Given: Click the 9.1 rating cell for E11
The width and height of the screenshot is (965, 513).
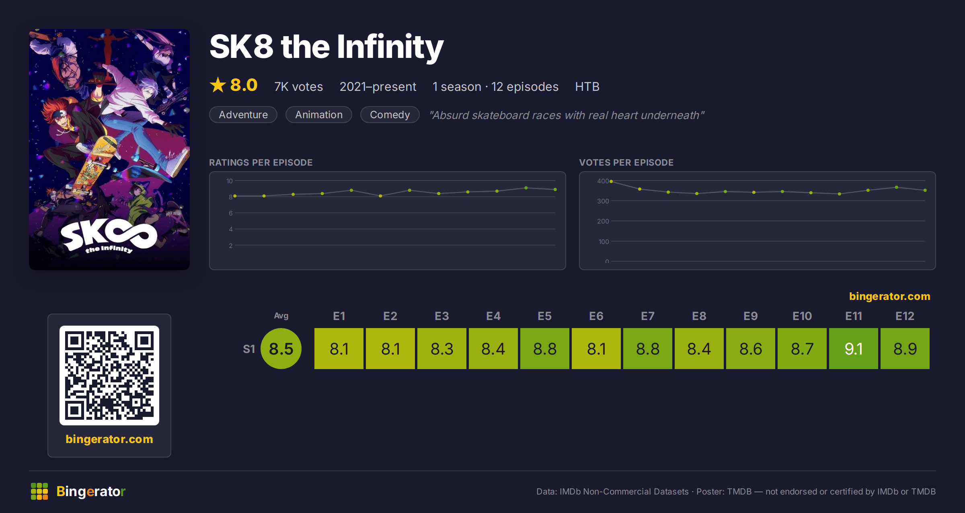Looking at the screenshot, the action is coord(853,349).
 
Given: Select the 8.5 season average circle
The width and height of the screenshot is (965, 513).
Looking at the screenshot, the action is coord(281,349).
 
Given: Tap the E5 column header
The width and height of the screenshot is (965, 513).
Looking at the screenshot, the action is coord(545,316).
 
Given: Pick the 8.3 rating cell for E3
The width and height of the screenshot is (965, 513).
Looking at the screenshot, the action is coord(442,349).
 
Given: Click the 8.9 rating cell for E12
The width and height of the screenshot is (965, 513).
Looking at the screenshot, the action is coord(905,349).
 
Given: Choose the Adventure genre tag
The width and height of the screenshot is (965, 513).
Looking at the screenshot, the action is coord(243,115).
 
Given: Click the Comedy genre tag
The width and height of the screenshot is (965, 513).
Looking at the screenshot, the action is coord(390,115).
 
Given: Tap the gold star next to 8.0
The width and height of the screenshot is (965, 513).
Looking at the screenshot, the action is coord(218,85).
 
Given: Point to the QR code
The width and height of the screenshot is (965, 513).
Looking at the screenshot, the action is coord(109,376).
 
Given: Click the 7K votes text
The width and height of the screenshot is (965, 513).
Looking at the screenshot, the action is coord(299,86).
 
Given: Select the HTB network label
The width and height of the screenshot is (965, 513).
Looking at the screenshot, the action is coord(587,86).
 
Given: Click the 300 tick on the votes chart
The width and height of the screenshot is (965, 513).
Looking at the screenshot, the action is coord(603,201).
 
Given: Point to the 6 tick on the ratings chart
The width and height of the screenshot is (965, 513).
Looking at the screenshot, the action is coord(231,213).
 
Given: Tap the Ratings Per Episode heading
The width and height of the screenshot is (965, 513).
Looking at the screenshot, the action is coord(261,162).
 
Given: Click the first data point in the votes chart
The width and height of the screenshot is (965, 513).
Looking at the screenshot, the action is coord(611,181).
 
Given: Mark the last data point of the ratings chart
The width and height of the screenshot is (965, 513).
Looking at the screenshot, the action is coord(555,189).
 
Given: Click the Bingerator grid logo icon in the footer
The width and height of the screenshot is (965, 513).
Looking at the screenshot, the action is coord(39,491).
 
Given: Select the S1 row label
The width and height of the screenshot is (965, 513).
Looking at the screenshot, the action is coord(249,349).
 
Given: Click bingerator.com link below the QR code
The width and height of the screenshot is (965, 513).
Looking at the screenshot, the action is coord(109,439).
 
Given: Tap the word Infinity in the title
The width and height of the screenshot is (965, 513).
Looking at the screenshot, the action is coord(390,47).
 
